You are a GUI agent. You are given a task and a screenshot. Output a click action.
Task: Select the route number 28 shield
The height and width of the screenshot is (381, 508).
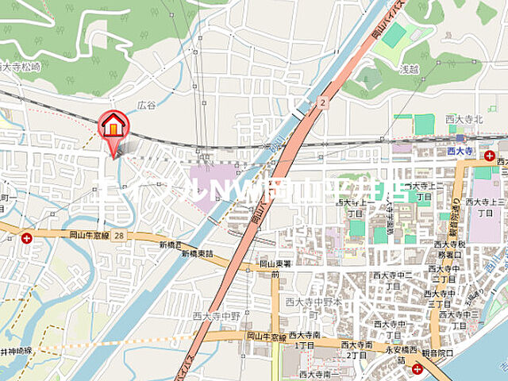tap(119, 236)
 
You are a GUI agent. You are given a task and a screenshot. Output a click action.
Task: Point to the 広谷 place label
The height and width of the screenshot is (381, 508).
tap(146, 105)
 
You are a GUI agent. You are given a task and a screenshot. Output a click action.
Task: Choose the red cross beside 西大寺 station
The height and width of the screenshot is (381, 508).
tap(490, 156)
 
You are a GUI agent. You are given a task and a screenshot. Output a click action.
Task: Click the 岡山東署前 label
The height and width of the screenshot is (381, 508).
tap(275, 268)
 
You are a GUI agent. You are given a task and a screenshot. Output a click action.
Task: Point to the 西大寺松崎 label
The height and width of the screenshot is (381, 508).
tap(21, 68)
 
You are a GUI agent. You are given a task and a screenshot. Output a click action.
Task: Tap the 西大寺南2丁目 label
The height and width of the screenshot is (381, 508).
tap(356, 349)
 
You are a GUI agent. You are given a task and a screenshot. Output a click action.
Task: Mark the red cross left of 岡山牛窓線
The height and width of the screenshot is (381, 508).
tap(27, 237)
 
